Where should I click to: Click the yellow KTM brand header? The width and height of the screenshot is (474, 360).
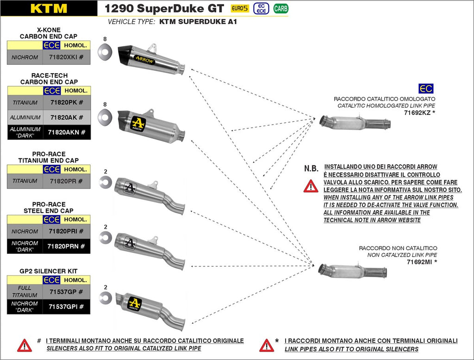click(x=49, y=8)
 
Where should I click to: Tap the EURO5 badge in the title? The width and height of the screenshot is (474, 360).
click(x=240, y=8)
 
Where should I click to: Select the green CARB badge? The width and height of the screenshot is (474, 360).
click(x=280, y=8)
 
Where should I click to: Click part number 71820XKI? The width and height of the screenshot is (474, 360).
click(x=66, y=57)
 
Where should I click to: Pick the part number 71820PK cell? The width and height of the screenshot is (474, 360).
click(x=66, y=102)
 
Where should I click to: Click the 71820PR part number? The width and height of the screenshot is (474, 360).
click(x=66, y=181)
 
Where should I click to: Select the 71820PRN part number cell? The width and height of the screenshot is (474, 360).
click(x=66, y=246)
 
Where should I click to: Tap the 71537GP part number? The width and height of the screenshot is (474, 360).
click(x=66, y=292)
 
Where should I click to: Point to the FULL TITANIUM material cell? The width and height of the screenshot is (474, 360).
click(x=25, y=292)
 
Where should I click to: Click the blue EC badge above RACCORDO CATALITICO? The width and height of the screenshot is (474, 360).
click(x=425, y=89)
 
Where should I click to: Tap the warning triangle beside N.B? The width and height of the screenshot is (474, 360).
click(x=311, y=186)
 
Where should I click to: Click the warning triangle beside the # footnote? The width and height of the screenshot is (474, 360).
click(x=25, y=345)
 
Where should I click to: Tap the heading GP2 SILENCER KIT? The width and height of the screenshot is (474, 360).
click(x=49, y=271)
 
